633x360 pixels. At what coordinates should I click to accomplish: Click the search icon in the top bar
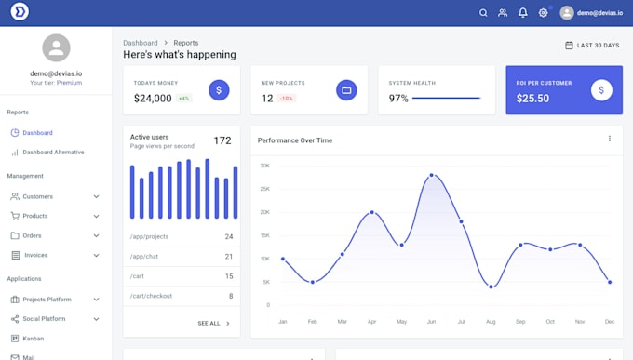pos(483,13)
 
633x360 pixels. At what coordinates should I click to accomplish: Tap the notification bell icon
pos(523,13)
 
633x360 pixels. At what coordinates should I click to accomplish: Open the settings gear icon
pos(544,13)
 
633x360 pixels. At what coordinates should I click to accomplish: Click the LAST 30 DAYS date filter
pos(592,45)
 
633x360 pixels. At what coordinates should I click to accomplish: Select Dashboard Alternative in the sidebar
pos(53,152)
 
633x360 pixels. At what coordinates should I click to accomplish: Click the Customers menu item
pos(37,196)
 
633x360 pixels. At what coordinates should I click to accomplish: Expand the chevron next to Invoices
pos(96,255)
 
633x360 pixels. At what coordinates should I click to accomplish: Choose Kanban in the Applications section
pos(33,339)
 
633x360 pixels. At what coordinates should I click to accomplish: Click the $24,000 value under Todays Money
pos(153,99)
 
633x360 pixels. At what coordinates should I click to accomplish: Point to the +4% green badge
pos(184,99)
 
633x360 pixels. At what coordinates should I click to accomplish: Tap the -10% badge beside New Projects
pos(287,99)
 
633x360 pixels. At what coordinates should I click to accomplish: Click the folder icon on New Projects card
pos(346,90)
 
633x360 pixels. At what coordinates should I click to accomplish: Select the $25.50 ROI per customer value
pos(532,99)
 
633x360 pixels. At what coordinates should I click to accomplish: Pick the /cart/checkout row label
pos(151,296)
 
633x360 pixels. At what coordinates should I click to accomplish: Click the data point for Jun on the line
pos(431,175)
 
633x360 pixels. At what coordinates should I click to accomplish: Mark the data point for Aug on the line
pos(491,287)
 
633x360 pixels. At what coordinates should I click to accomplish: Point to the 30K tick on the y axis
pos(265,166)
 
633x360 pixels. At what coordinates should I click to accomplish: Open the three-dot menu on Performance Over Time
pos(610,139)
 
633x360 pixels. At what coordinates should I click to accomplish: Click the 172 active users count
pos(222,140)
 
